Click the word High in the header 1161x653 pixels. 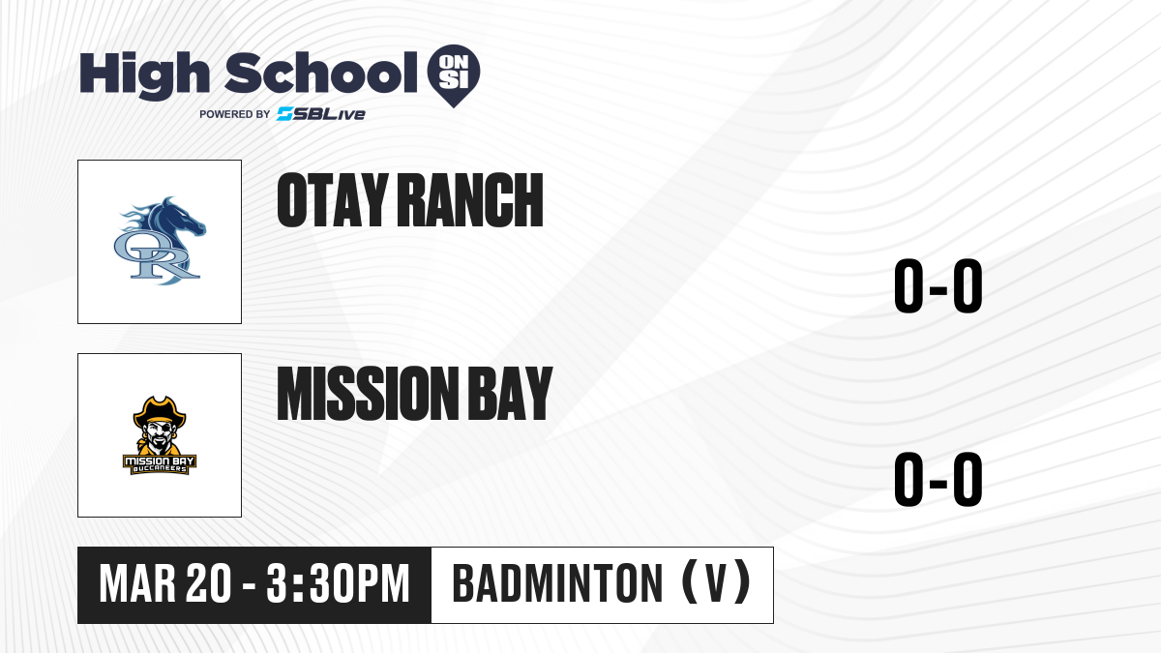pyautogui.click(x=144, y=75)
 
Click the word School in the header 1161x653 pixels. pyautogui.click(x=321, y=73)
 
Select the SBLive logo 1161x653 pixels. pyautogui.click(x=321, y=114)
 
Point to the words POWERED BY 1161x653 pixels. pyautogui.click(x=235, y=114)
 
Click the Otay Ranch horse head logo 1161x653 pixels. pyautogui.click(x=160, y=241)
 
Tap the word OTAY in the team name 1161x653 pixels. pyautogui.click(x=333, y=200)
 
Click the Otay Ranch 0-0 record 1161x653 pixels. pyautogui.click(x=938, y=286)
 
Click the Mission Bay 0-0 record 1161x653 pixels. pyautogui.click(x=938, y=480)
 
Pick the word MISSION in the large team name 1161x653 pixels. pyautogui.click(x=368, y=394)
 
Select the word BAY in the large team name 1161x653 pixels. pyautogui.click(x=510, y=394)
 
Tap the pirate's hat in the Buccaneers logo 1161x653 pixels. pyautogui.click(x=160, y=410)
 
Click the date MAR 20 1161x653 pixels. pyautogui.click(x=165, y=584)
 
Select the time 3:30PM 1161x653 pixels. pyautogui.click(x=338, y=584)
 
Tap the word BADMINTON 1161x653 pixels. pyautogui.click(x=557, y=584)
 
